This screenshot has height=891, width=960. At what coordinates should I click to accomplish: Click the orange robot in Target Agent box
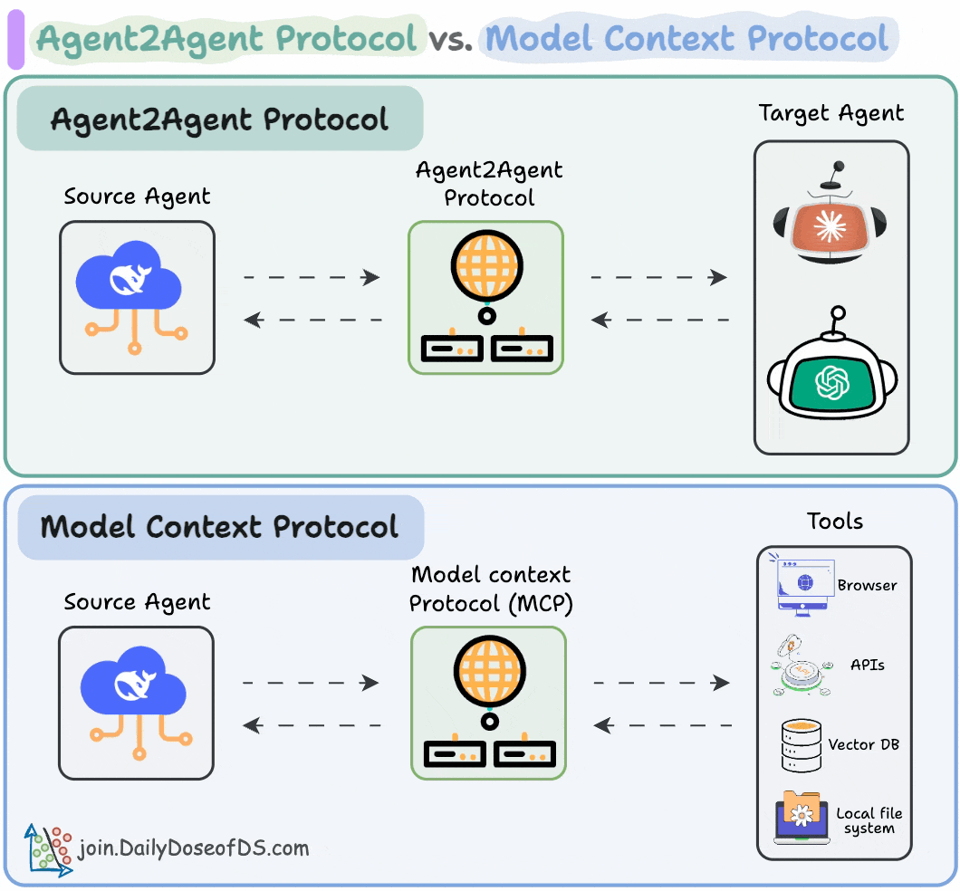point(830,222)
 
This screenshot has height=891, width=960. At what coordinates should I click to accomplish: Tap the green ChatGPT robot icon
point(831,380)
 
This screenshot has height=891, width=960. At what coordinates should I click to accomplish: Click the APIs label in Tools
point(868,665)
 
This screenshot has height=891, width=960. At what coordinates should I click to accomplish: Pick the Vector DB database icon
point(801,744)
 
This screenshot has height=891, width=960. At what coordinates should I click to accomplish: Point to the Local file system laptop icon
point(801,818)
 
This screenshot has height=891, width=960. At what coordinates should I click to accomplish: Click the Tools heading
point(834,522)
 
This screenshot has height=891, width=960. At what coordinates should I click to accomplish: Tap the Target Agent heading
point(830,113)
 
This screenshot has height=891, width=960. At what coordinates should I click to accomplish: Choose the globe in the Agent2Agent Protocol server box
point(486,264)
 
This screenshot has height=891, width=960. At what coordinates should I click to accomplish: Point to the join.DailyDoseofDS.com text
point(194,848)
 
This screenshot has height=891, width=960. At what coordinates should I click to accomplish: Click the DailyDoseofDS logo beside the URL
point(48,850)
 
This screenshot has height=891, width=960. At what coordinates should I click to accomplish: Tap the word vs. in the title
point(451,39)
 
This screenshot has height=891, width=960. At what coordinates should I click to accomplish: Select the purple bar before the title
point(15,40)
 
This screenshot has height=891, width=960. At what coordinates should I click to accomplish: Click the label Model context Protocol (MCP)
point(490,589)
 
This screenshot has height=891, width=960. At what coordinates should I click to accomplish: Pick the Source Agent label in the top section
point(137,196)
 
